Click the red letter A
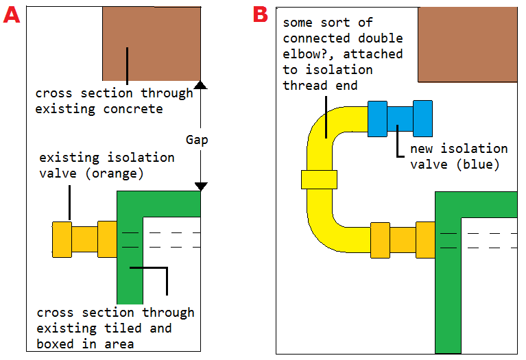point(12,16)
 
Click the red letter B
point(261,15)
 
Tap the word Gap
point(197,140)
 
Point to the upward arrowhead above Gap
point(201,85)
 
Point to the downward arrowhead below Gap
point(201,187)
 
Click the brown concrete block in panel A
point(152,44)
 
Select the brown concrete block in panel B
point(468,45)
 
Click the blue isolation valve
point(401,119)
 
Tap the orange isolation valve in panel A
point(84,239)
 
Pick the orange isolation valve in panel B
point(403,240)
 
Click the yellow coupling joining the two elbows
point(319,180)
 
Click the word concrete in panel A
point(133,109)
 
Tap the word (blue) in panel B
point(479,165)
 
